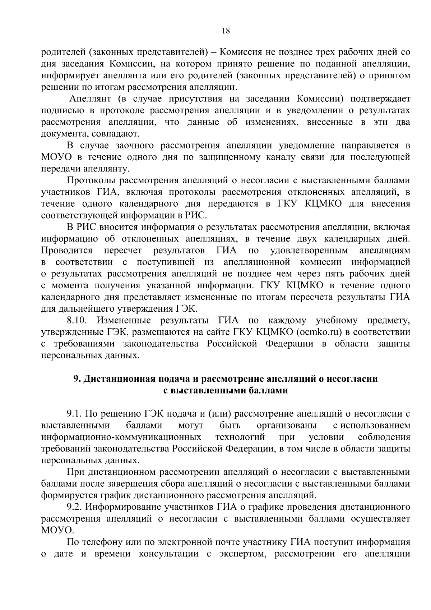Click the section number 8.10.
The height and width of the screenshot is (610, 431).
[x=77, y=321]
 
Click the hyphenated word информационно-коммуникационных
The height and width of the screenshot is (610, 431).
[x=121, y=437]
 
